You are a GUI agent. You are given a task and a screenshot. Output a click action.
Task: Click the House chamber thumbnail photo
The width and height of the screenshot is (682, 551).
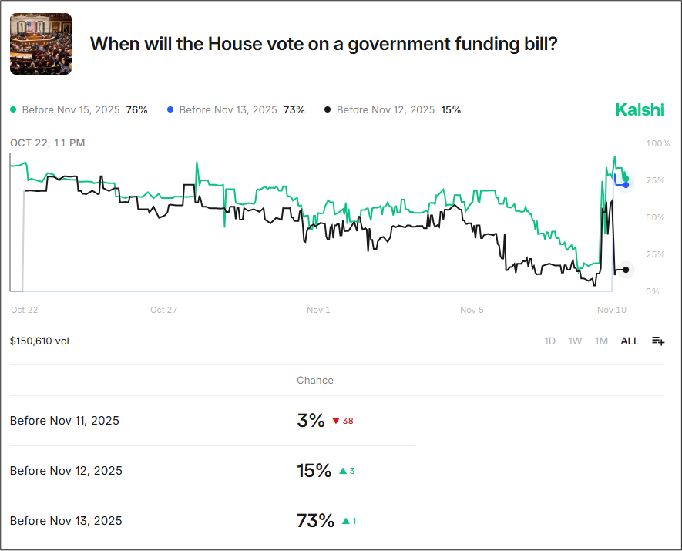(x=41, y=44)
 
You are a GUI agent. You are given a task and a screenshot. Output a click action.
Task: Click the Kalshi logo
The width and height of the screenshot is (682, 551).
(x=639, y=110)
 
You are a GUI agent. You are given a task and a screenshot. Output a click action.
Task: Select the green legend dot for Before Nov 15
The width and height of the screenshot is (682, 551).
(x=14, y=110)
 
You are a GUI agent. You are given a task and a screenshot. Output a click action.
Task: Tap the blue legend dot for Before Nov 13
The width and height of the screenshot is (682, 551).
(x=170, y=110)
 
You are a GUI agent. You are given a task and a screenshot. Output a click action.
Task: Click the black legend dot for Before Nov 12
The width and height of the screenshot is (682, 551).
(x=328, y=110)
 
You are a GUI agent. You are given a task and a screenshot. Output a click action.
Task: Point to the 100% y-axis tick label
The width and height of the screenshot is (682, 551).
(x=657, y=143)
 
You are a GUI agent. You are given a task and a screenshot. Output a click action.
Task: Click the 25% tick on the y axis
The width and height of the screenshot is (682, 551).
(x=653, y=254)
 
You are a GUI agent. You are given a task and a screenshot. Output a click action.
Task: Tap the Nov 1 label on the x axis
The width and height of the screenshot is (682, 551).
(x=318, y=310)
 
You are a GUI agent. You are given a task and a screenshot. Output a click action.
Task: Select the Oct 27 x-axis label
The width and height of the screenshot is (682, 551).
(x=163, y=310)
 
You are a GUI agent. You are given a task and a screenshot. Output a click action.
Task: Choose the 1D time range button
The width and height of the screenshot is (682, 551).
(x=550, y=341)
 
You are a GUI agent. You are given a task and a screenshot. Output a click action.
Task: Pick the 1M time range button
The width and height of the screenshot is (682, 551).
(x=601, y=341)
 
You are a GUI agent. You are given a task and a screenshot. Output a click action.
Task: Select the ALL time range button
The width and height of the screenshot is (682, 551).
(x=630, y=341)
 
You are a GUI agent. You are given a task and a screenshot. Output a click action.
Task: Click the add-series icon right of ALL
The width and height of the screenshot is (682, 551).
(x=657, y=341)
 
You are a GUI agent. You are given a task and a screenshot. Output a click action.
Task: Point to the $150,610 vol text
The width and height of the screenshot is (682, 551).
(x=39, y=341)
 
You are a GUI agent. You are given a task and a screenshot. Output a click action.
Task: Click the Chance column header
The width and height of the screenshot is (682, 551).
(x=315, y=380)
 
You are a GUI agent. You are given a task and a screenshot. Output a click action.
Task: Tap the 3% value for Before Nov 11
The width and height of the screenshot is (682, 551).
(x=311, y=421)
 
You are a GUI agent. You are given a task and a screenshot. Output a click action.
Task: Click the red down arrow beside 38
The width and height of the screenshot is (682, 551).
(x=336, y=421)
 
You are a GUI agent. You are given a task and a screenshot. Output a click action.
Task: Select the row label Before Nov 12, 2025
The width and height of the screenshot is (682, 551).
(x=66, y=471)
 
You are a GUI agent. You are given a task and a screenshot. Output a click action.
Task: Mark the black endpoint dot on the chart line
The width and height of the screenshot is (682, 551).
(x=626, y=270)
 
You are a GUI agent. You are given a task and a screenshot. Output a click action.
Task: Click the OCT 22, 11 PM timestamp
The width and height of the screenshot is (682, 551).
(x=48, y=143)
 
